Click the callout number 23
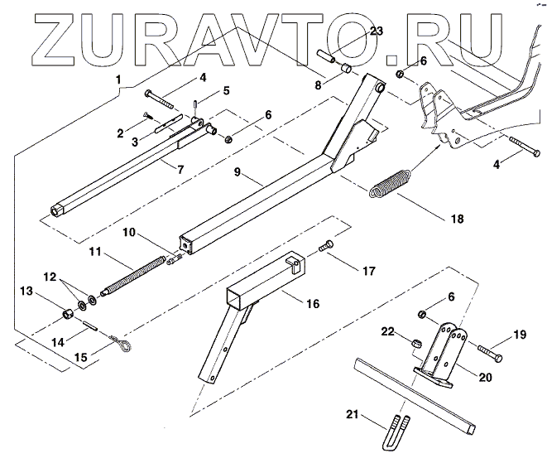point(377,31)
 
